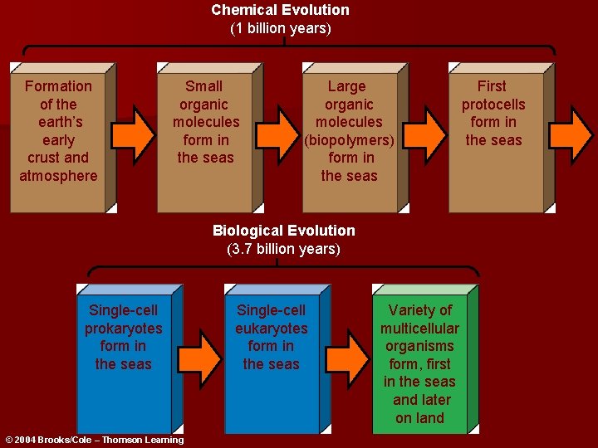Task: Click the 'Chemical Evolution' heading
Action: coord(280,10)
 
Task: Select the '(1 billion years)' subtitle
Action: coord(280,28)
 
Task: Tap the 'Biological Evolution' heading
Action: coord(283,231)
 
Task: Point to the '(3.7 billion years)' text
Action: coord(283,249)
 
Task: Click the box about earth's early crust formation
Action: coord(58,137)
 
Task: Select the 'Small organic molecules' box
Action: coord(205,137)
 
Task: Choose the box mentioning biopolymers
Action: coord(349,137)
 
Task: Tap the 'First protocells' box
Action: coord(493,137)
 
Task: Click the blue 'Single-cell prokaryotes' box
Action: coord(124,361)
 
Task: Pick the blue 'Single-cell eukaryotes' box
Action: coord(271,361)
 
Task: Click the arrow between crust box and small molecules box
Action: coord(133,129)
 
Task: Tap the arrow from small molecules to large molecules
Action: coord(279,129)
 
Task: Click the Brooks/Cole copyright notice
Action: coord(94,440)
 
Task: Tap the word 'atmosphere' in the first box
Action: coord(58,176)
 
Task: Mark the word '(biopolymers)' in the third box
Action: coord(349,140)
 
